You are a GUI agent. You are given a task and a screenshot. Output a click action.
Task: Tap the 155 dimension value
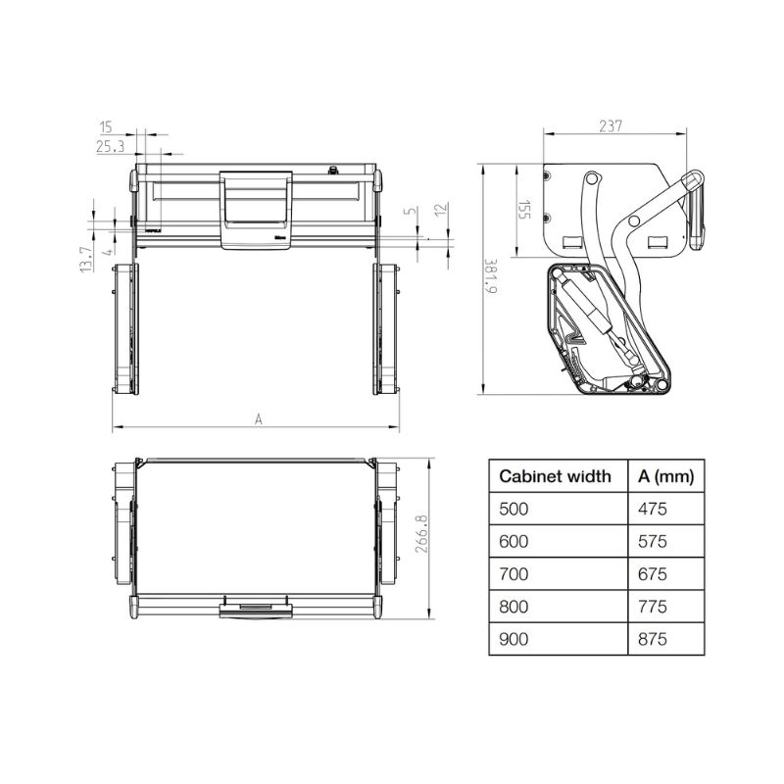click(x=525, y=210)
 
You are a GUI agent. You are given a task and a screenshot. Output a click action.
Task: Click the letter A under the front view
click(x=259, y=418)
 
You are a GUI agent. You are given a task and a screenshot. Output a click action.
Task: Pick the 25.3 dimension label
click(x=109, y=147)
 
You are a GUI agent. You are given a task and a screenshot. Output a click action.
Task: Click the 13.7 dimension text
click(x=86, y=260)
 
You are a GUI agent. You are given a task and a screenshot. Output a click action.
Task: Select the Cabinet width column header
click(x=555, y=477)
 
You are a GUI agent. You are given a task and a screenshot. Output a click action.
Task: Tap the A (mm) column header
click(x=665, y=477)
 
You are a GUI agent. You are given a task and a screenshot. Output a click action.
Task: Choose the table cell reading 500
click(x=514, y=510)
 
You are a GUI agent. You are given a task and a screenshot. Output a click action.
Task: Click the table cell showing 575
click(x=652, y=542)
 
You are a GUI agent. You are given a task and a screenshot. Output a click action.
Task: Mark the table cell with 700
click(x=514, y=574)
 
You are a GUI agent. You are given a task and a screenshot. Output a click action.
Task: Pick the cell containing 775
click(x=652, y=607)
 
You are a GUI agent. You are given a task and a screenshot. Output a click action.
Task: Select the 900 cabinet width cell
click(x=514, y=639)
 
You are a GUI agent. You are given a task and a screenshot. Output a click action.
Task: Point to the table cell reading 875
click(x=652, y=639)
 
